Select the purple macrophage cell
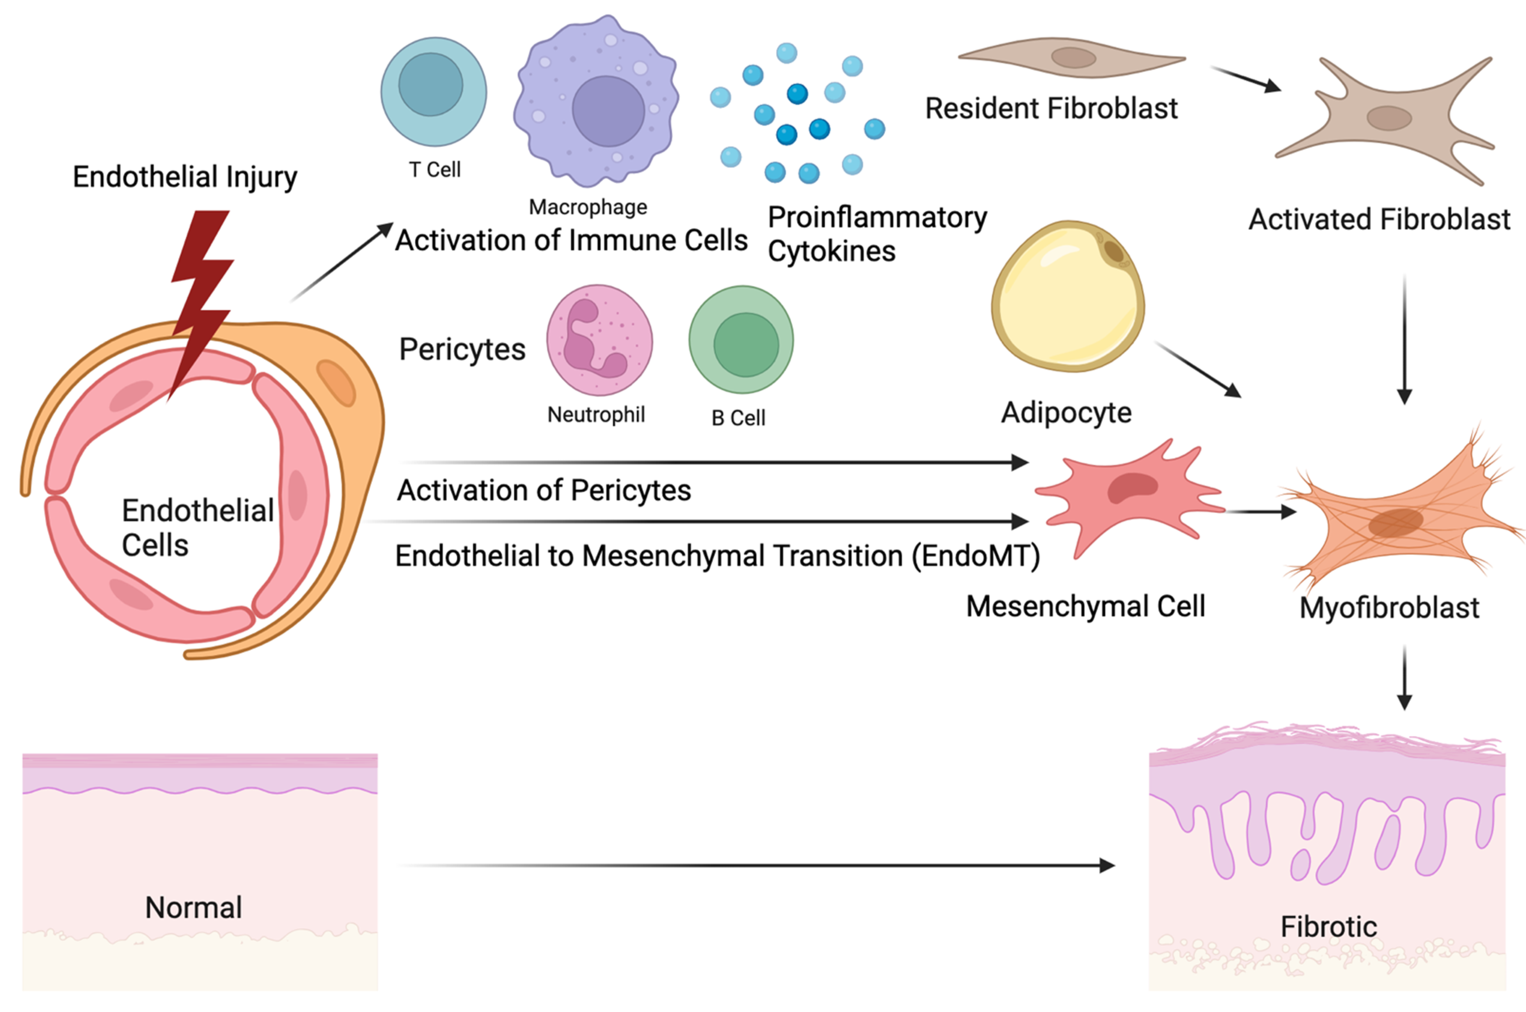tap(596, 103)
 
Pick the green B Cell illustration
tap(741, 340)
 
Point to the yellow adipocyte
tap(1067, 297)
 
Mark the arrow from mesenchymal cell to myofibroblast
tap(1259, 512)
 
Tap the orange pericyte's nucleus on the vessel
tap(336, 384)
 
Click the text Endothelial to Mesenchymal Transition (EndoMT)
tap(717, 556)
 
